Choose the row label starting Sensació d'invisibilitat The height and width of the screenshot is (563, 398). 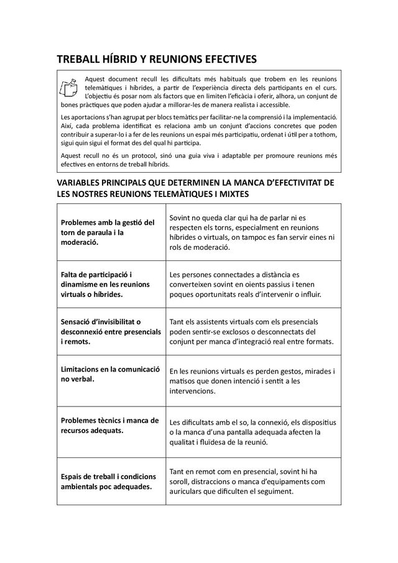click(x=109, y=331)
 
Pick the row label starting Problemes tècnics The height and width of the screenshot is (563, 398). click(x=109, y=424)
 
